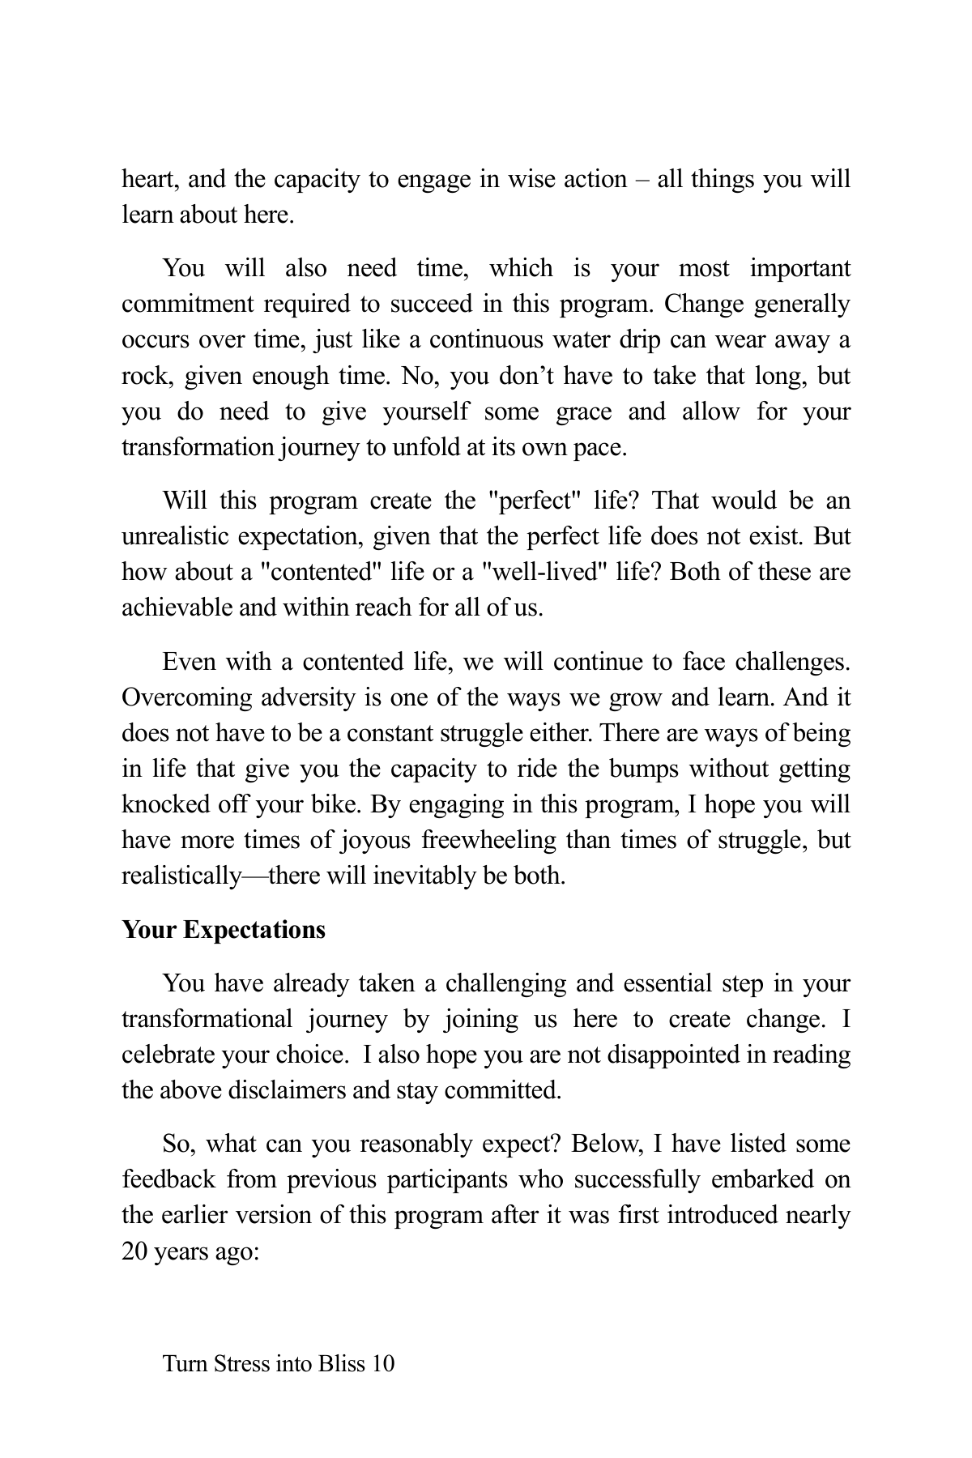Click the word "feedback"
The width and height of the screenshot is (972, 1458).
tap(168, 1179)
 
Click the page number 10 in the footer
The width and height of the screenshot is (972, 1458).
tap(382, 1364)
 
